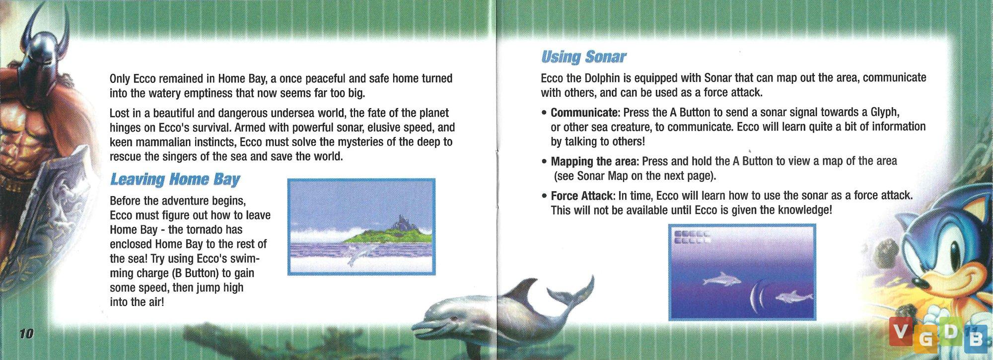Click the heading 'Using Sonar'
583,57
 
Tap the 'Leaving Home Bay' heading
175,179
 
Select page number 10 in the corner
26,334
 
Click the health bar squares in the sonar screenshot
691,237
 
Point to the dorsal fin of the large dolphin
524,288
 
